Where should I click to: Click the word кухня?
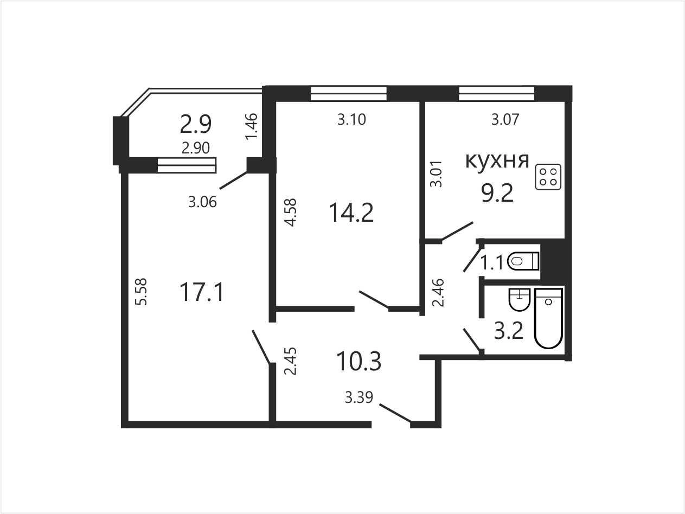tap(497, 161)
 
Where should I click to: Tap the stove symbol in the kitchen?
tap(548, 177)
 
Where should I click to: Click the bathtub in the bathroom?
tap(548, 318)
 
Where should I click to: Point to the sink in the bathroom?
tap(519, 299)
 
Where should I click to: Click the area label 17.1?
tap(202, 292)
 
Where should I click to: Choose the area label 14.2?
tap(351, 213)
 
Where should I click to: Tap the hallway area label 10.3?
tap(359, 361)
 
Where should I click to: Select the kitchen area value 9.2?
tap(497, 193)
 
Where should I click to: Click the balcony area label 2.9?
tap(196, 124)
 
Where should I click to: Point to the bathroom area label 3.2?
tap(508, 331)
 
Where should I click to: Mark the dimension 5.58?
tap(142, 291)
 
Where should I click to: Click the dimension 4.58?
tap(291, 213)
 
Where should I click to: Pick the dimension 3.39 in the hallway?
tap(359, 397)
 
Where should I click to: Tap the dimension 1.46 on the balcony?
tap(251, 126)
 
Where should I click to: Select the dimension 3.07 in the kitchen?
tap(505, 119)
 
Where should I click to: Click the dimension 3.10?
tap(351, 119)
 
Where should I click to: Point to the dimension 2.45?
tap(291, 361)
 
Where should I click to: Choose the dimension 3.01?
tap(436, 174)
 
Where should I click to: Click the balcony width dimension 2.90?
tap(196, 148)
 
